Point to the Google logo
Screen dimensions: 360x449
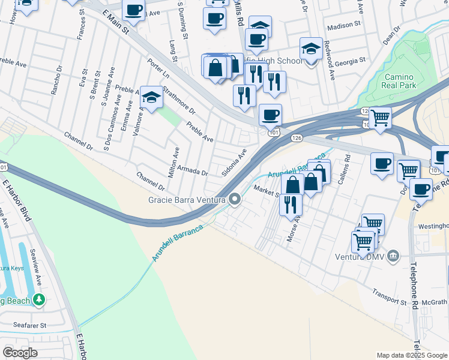pos(20,352)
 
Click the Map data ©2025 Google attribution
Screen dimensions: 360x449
pos(412,355)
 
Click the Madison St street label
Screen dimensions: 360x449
pos(345,27)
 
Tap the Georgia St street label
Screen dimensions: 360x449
pos(351,61)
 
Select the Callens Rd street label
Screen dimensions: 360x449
pos(343,169)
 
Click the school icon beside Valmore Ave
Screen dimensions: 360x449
pos(152,97)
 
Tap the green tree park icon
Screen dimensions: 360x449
pos(39,298)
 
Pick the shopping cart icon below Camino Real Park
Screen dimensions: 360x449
pos(380,118)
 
